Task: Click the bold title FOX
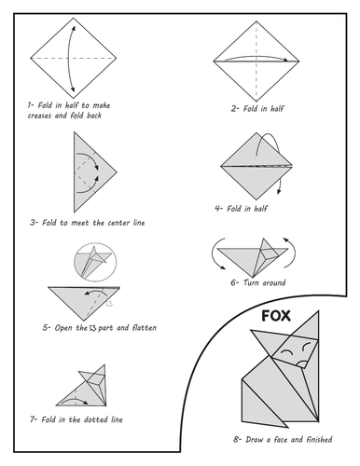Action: [x=276, y=316]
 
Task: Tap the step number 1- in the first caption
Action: [x=30, y=105]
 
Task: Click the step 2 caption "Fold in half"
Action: [x=263, y=109]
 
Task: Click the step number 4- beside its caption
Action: [x=219, y=208]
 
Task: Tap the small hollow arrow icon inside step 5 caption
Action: [x=92, y=328]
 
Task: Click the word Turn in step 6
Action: [x=251, y=282]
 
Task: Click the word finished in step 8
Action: [x=319, y=439]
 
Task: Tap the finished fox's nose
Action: [x=301, y=363]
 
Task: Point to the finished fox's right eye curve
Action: [x=306, y=346]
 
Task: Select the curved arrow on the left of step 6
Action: [x=215, y=255]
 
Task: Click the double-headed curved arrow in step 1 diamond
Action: [x=68, y=59]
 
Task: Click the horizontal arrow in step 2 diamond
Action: [x=256, y=57]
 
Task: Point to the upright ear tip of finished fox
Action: [x=319, y=311]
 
